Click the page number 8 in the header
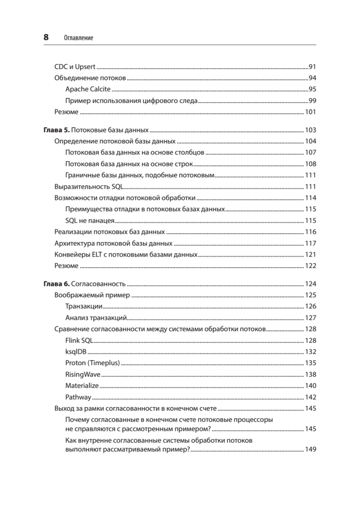pos(46,37)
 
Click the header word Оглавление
pos(78,38)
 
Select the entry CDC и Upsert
pos(75,67)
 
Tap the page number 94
pos(313,78)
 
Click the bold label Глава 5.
pos(56,130)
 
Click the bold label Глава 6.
pos(56,284)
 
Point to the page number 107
pos(311,152)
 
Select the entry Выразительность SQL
pos(89,187)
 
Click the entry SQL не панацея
pos(90,221)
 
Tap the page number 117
pos(311,243)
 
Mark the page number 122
pos(311,266)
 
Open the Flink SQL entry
pos(79,341)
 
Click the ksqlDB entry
pos(76,352)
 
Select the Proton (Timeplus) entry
pos(92,363)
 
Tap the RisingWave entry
pos(83,375)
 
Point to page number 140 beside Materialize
pos(311,386)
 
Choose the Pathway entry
pos(78,397)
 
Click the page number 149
pos(311,450)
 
